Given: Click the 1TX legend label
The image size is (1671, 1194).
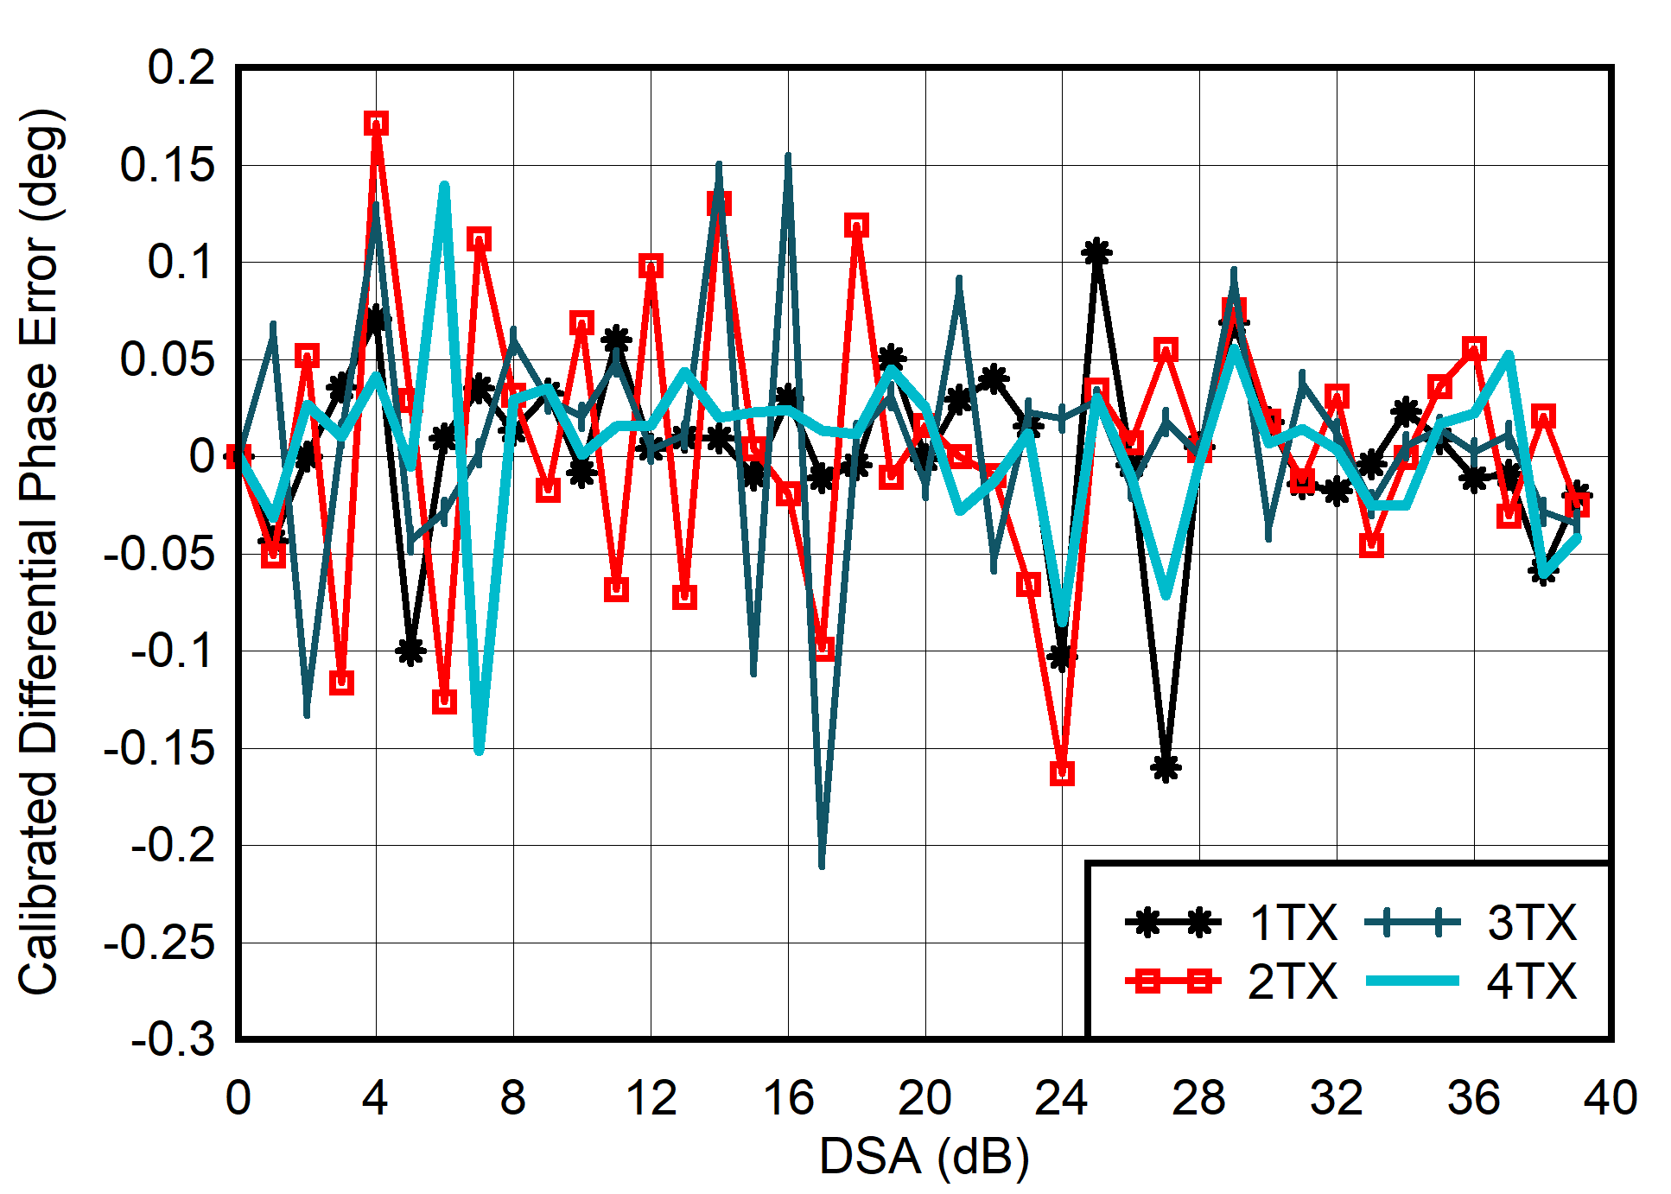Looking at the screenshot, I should coord(1293,923).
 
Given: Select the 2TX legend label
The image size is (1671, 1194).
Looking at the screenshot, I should coord(1293,981).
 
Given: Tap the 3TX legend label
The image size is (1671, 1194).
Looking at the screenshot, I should coord(1531,923).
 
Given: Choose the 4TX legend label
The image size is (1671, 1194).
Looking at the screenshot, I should coord(1531,981).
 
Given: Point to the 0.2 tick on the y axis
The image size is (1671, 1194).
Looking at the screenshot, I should coord(181,67).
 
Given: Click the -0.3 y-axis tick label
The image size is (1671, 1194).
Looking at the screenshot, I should coord(172,1038).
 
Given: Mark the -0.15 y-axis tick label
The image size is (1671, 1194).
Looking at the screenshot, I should coord(159,748).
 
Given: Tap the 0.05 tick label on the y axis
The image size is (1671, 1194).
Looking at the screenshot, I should coord(168,359).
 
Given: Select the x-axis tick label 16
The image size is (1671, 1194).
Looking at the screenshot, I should coord(788,1099).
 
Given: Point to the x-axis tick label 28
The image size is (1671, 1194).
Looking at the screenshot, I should coord(1199,1099).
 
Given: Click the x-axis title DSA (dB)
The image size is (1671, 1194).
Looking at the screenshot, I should coord(924,1156).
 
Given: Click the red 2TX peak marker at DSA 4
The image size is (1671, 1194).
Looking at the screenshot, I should coord(376,124).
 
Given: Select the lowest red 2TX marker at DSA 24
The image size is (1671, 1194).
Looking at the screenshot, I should coord(1063,773).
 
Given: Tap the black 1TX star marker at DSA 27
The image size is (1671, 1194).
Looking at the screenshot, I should coord(1166,767).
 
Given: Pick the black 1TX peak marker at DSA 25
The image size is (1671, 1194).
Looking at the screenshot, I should coord(1096,252).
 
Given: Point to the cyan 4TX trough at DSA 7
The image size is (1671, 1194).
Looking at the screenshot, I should coord(479,748).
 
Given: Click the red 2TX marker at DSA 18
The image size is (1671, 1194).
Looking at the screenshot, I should coord(856,226).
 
